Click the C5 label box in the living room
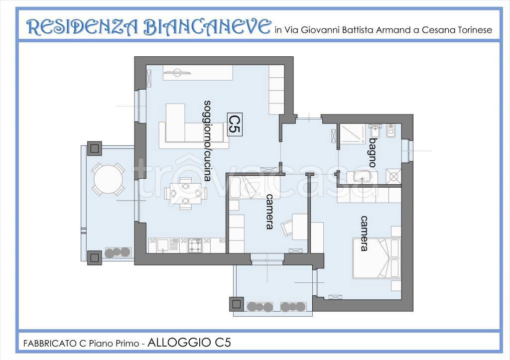[x=235, y=124]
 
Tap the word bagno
[x=373, y=152]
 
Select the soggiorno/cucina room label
[x=207, y=140]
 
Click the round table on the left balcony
[x=108, y=180]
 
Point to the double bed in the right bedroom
[x=377, y=258]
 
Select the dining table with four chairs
[x=185, y=194]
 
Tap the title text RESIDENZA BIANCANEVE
[x=148, y=27]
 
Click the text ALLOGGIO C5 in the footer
[x=189, y=343]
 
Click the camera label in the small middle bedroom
[x=269, y=212]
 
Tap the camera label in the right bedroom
[x=364, y=233]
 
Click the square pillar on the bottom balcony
[x=237, y=304]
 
